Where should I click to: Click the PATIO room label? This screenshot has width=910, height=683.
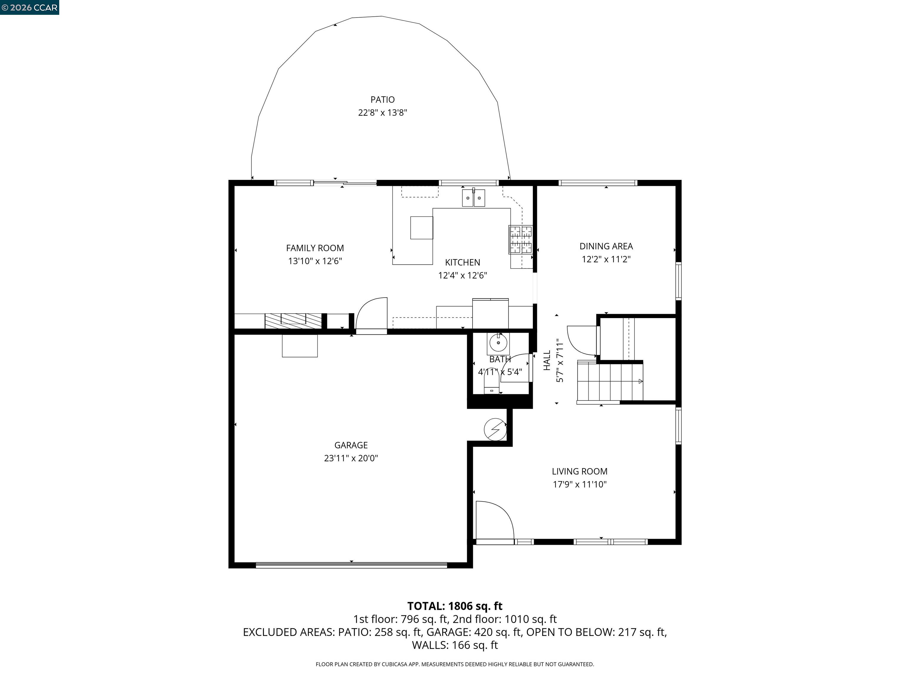point(382,100)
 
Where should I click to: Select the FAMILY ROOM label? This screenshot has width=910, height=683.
point(315,248)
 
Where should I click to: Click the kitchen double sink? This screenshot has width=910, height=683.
point(473,198)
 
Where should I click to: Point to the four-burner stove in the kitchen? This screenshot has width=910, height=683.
point(521,240)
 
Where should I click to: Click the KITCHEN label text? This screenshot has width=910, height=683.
point(462,263)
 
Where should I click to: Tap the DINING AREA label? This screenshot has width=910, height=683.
point(606,246)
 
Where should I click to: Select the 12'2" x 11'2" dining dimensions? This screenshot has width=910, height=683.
point(606,259)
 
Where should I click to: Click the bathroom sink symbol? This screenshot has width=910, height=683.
point(498,342)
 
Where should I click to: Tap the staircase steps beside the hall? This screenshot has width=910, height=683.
point(609,381)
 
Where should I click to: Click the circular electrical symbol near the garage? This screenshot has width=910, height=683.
point(495,430)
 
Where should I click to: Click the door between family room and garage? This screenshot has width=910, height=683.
point(371,315)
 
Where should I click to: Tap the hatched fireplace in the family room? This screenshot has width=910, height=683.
point(293,321)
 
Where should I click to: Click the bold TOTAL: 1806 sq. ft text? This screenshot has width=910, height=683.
point(455,606)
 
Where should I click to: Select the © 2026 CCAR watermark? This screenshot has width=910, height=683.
point(29,7)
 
